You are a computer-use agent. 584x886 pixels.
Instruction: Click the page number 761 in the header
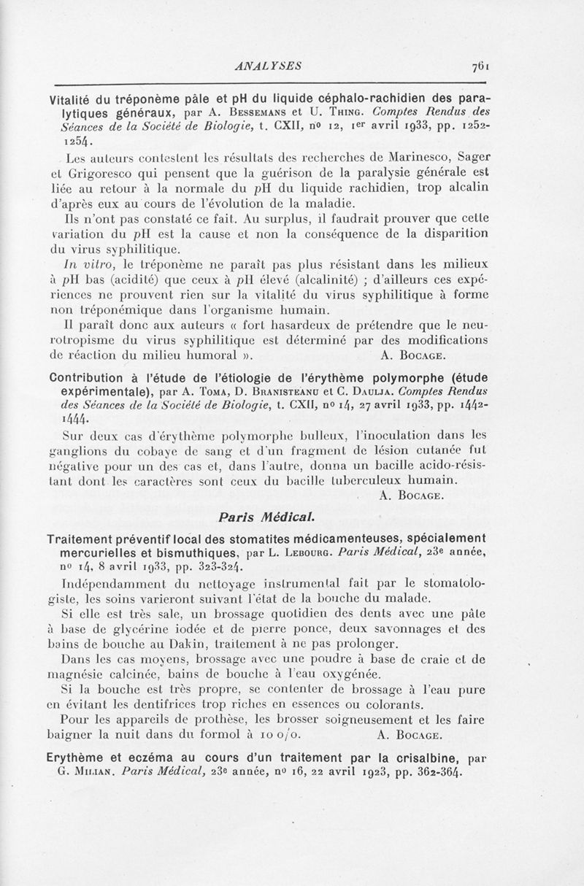point(481,63)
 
